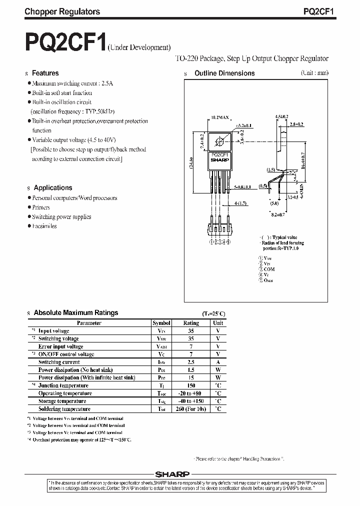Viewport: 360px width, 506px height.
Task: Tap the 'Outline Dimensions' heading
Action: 224,73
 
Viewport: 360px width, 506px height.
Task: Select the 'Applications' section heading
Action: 53,188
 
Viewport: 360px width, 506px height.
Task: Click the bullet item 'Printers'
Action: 41,207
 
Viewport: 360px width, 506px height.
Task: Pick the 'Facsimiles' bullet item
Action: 44,226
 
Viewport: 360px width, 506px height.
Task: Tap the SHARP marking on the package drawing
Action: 218,160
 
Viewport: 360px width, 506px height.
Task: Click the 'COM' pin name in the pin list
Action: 269,269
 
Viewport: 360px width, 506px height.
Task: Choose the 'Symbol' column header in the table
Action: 161,323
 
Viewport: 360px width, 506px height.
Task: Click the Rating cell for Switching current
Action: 191,362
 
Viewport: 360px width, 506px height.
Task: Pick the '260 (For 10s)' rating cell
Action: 191,409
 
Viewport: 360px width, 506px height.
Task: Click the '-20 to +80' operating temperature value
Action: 191,393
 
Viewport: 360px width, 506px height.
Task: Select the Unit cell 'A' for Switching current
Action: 218,362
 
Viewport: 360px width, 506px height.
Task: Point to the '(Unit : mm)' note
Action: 314,72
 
